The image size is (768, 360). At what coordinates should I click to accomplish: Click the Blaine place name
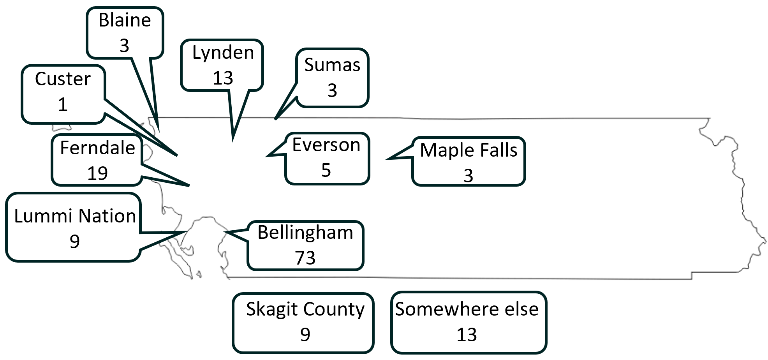125,20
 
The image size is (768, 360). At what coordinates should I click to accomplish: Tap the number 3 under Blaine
124,46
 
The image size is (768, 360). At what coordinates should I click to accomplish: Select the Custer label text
63,79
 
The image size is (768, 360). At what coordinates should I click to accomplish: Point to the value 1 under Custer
63,104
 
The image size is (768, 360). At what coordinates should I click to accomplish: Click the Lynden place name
223,53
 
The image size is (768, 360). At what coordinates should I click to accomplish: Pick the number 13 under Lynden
223,78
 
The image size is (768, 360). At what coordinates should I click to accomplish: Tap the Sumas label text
332,65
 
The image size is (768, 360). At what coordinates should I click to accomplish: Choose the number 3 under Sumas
332,90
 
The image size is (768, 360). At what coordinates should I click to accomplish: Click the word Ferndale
97,148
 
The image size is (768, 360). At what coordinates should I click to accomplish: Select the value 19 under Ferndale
97,173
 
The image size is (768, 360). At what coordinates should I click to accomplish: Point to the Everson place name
326,145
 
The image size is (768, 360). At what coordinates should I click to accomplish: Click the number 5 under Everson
326,170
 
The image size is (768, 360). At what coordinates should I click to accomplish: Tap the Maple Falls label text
469,150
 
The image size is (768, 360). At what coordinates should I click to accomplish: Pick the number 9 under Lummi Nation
75,242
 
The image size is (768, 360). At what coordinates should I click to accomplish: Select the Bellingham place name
305,233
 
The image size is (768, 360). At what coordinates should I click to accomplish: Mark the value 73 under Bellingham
305,258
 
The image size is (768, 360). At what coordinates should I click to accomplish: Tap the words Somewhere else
467,309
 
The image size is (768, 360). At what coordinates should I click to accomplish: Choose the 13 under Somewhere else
467,335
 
